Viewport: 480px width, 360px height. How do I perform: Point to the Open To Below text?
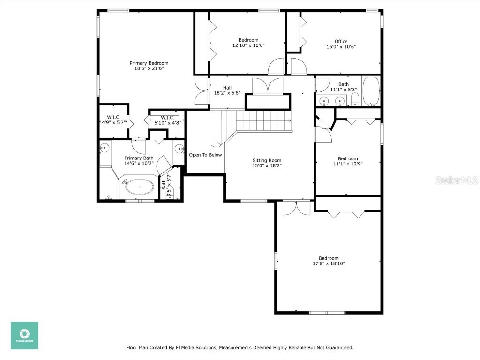tap(205, 155)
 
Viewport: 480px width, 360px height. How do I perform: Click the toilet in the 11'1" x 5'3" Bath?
tap(355, 99)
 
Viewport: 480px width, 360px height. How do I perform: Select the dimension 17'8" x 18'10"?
tap(329, 263)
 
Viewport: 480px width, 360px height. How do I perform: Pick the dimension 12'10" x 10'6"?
tap(248, 46)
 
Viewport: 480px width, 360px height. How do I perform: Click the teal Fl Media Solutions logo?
tap(25, 335)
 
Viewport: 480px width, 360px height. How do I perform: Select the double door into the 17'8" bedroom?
tap(296, 208)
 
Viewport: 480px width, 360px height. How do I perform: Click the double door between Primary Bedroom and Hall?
tap(202, 91)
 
